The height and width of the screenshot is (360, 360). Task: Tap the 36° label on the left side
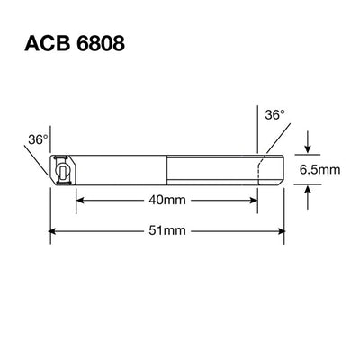pyautogui.click(x=38, y=139)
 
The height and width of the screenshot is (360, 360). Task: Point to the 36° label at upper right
pyautogui.click(x=274, y=115)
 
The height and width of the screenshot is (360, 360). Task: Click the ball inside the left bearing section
pyautogui.click(x=64, y=169)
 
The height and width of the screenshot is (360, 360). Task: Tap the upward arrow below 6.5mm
pyautogui.click(x=308, y=189)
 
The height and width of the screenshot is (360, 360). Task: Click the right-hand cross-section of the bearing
pyautogui.click(x=270, y=169)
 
